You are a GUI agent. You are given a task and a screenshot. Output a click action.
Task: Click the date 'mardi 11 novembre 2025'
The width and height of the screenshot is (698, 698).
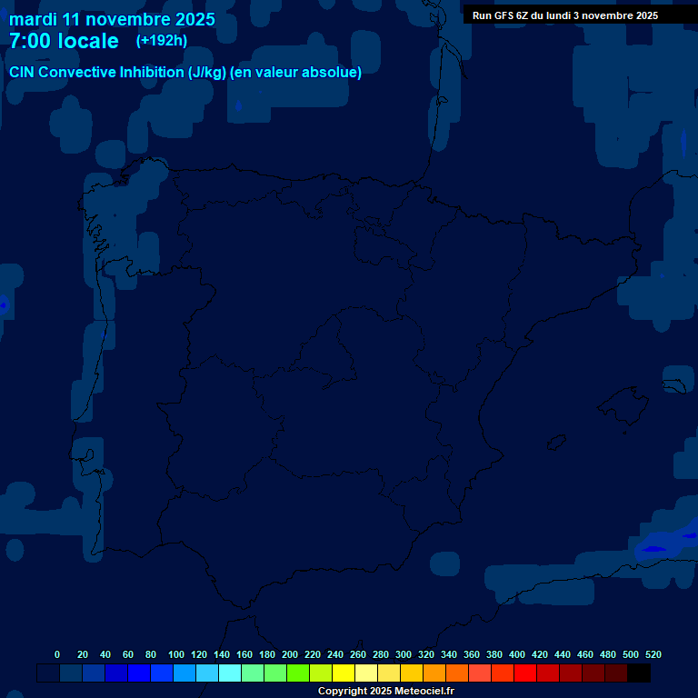pos(112,19)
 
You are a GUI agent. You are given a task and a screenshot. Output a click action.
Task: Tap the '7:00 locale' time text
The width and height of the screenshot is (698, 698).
pos(64,41)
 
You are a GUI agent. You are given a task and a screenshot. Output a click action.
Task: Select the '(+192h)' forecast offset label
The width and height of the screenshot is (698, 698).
pos(161,40)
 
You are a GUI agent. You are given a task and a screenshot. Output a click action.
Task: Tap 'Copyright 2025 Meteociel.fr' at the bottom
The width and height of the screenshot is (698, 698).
pos(385,692)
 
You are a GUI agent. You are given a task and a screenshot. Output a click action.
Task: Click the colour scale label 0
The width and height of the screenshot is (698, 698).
pos(57,654)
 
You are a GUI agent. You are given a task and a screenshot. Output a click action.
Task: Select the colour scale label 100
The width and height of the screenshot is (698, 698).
pos(176,654)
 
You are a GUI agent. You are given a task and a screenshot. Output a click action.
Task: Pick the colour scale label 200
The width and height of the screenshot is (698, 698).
pos(290,654)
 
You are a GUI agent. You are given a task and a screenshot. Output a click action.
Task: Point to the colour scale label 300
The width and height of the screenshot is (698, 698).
pos(404,654)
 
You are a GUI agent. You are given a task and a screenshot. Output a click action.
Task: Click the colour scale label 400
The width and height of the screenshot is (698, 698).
pos(517,654)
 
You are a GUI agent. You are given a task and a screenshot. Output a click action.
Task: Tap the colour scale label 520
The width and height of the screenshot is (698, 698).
pos(653,654)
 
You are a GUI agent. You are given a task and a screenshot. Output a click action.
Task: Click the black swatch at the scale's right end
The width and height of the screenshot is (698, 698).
pos(639,673)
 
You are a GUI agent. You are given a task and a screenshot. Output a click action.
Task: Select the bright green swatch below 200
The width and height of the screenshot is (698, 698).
pos(298,673)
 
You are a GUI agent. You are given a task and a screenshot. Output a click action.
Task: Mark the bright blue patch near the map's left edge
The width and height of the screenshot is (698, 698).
pos(3,305)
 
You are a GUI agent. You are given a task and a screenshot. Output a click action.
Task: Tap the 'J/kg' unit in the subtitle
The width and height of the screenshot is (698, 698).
pos(207,73)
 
